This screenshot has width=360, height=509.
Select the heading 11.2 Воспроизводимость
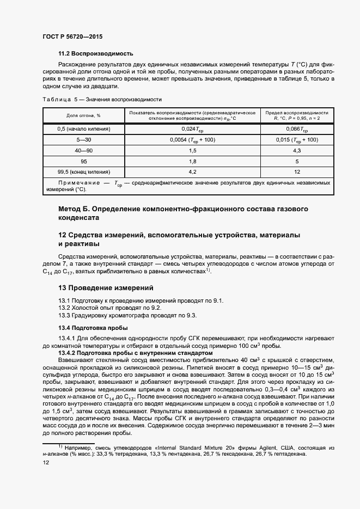point(95,54)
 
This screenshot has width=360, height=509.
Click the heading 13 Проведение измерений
point(106,287)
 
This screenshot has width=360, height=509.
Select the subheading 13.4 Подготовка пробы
point(93,328)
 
